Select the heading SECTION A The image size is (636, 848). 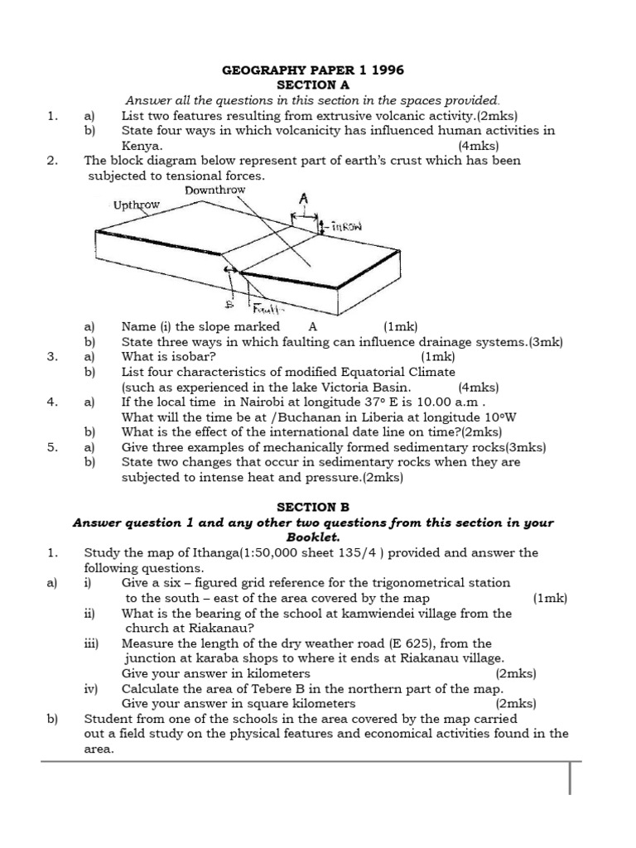click(x=313, y=85)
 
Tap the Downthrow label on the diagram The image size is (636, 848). click(x=215, y=190)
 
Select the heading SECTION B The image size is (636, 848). click(x=313, y=507)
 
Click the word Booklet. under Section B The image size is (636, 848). click(x=313, y=537)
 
